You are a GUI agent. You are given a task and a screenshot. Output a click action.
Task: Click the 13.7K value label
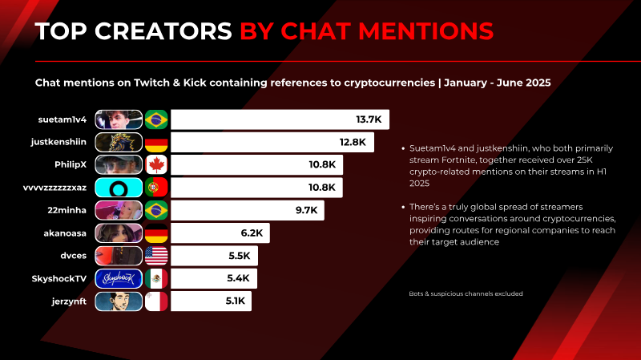coord(369,119)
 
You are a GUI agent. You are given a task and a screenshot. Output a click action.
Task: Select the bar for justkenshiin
coord(272,143)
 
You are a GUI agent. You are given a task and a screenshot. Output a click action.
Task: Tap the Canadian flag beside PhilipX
coord(156,165)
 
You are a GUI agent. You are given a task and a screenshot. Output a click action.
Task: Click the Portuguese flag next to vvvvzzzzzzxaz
coord(156,188)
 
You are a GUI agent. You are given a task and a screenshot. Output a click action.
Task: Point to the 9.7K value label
coord(307,210)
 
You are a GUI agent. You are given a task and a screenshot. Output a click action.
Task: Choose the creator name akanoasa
coord(65,233)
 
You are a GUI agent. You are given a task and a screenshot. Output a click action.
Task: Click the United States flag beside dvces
coord(156,256)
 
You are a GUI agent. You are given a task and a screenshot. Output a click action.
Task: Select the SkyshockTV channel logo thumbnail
coord(119,278)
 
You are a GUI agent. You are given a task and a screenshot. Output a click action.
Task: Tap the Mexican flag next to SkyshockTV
coord(156,278)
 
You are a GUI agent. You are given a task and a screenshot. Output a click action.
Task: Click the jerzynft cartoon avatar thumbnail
coord(119,301)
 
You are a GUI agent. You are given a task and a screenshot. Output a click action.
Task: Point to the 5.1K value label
coord(235,301)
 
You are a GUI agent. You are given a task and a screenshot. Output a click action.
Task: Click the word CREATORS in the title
coord(163,31)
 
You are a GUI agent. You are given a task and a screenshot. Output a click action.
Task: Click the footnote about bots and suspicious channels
coord(466,293)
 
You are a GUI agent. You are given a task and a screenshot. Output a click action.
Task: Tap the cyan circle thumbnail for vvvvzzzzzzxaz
coord(119,188)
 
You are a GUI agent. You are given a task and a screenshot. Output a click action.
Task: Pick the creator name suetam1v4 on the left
coord(62,119)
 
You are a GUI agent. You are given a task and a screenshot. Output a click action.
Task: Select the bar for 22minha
coord(248,210)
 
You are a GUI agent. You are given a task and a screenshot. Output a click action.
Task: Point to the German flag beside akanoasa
coord(156,233)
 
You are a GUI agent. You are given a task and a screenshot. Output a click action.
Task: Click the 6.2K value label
coord(252,233)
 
